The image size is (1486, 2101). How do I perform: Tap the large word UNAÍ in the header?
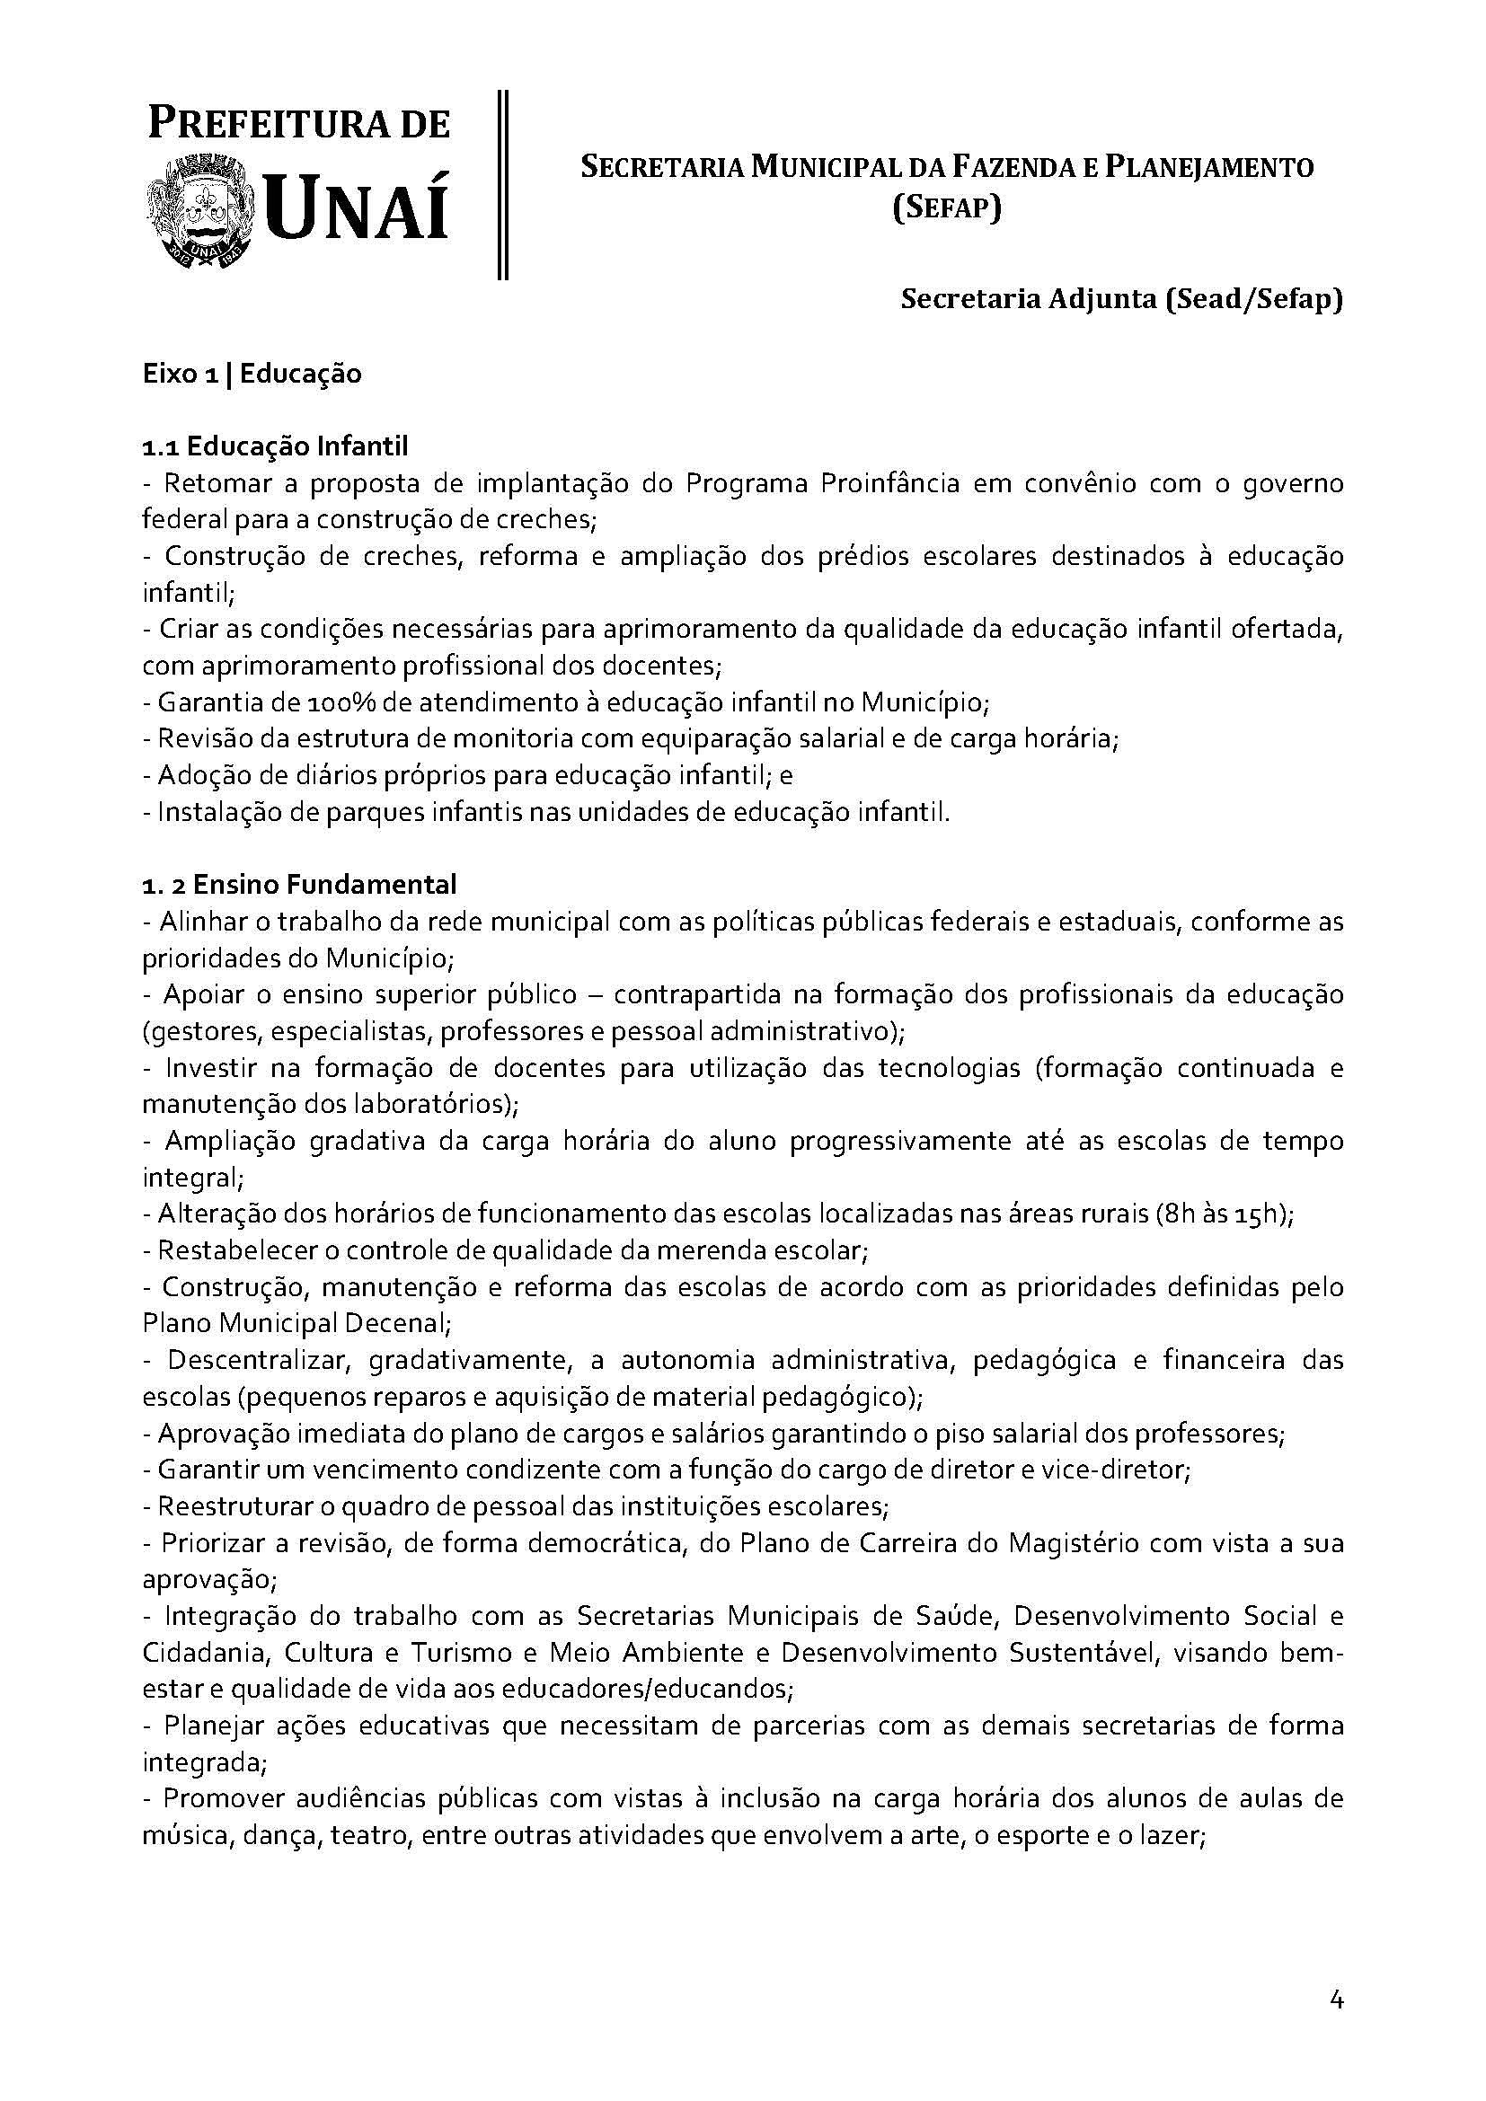(x=356, y=210)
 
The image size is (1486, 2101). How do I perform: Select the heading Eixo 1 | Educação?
(x=252, y=375)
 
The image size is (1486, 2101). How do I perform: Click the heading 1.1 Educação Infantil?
(x=275, y=446)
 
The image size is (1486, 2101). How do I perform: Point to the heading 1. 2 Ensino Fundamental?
(x=299, y=885)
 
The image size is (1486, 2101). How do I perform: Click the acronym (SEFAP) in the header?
(x=947, y=208)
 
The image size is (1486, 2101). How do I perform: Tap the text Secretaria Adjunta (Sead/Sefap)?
(x=1122, y=299)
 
